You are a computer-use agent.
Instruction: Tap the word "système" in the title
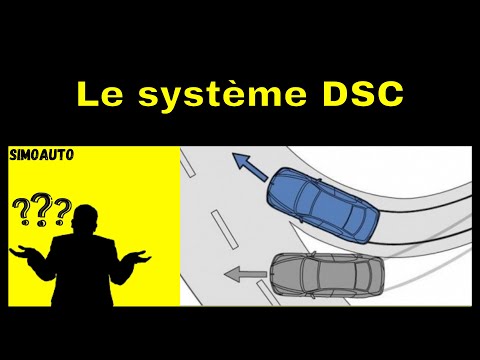(x=222, y=96)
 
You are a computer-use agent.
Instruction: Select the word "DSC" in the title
(x=363, y=94)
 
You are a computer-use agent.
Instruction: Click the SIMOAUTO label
(x=42, y=155)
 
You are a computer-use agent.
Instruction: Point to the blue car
(x=323, y=205)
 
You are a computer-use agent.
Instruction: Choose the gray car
(x=327, y=274)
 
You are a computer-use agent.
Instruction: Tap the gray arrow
(x=245, y=274)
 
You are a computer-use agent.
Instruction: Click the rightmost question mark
(x=63, y=212)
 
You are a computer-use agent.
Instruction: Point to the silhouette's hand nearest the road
(x=139, y=255)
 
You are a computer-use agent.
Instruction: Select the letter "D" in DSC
(x=336, y=94)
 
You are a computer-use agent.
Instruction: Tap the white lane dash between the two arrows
(x=225, y=229)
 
